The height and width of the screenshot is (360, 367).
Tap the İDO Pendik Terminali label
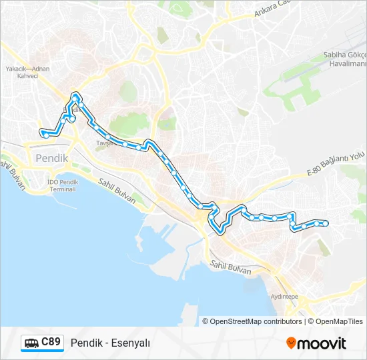click(63, 185)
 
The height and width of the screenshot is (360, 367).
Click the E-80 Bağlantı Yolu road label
click(336, 164)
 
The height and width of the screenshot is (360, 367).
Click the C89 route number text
click(51, 342)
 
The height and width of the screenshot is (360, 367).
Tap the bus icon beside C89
click(31, 343)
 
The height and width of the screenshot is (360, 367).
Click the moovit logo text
click(322, 343)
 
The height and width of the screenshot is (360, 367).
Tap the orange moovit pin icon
click(291, 343)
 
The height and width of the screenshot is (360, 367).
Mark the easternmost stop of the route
click(325, 223)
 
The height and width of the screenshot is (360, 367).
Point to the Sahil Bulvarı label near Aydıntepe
click(230, 268)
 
